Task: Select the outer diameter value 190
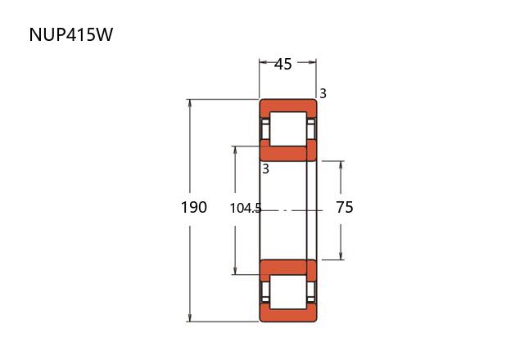point(194,208)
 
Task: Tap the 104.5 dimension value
point(246,208)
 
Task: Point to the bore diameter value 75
point(345,208)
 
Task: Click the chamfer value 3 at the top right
point(323,94)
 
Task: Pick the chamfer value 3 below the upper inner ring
point(265,169)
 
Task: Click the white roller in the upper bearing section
point(287,128)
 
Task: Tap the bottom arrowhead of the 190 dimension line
point(190,318)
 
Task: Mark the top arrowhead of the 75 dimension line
point(341,164)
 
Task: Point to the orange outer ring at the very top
point(287,107)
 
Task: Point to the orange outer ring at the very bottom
point(287,315)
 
